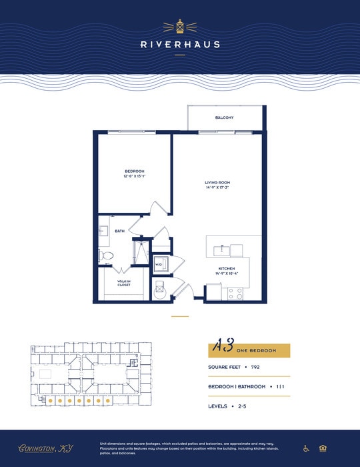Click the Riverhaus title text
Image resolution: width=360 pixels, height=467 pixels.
179,45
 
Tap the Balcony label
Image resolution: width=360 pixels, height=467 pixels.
224,117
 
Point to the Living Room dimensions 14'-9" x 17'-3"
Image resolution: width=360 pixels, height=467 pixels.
217,187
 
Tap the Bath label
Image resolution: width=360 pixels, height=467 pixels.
120,231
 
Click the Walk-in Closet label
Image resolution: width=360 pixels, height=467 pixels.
123,283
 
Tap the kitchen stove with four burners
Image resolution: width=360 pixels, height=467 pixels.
235,292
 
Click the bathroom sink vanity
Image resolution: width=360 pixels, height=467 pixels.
104,231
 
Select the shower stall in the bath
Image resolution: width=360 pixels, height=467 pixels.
141,252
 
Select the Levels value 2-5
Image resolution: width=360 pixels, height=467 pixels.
241,406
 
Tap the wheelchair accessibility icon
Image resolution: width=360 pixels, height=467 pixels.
306,448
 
